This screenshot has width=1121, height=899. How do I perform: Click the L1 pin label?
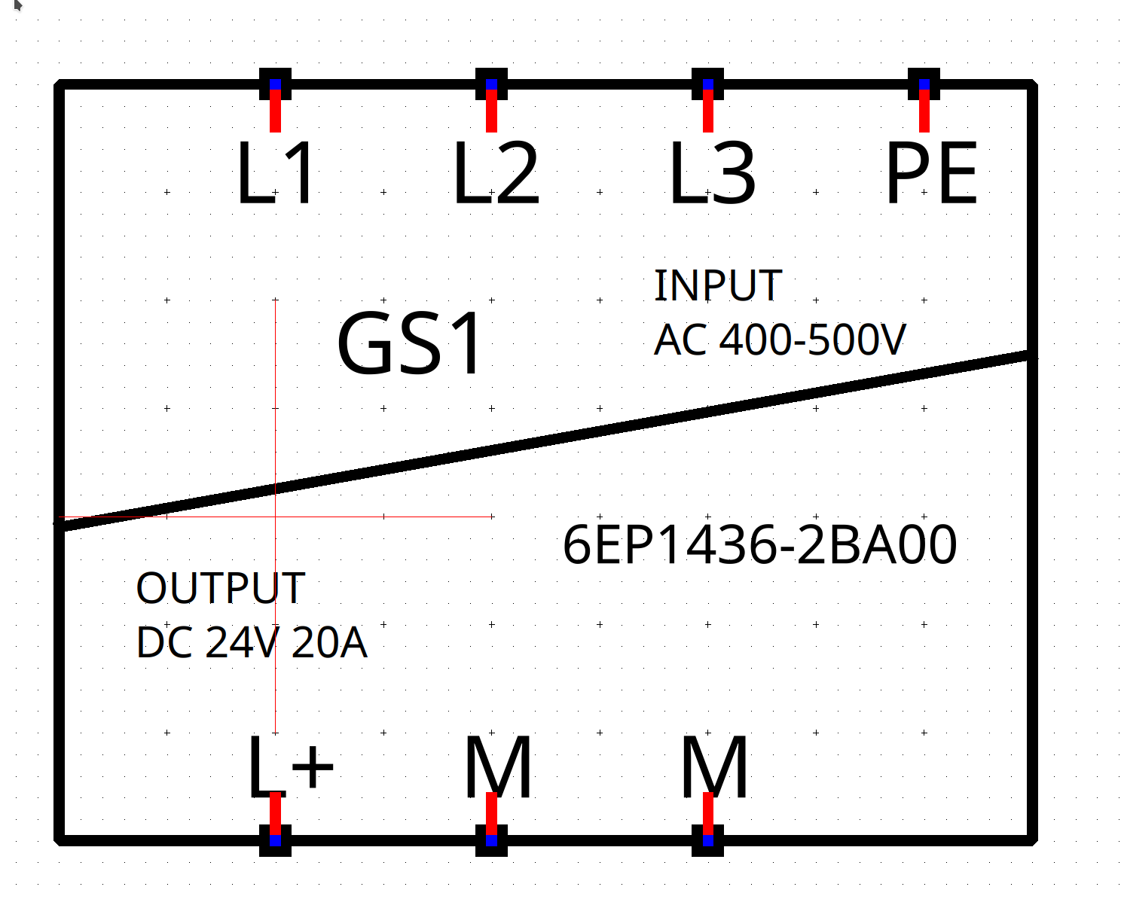pos(276,172)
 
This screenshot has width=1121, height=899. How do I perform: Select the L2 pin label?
pos(496,172)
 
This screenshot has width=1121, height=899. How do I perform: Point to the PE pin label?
pos(931,172)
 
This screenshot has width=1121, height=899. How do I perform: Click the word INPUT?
pos(719,285)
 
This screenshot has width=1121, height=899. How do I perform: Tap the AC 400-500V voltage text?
pos(780,340)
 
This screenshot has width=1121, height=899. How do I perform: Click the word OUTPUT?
pos(220,588)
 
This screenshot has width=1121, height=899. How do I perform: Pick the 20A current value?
pos(329,643)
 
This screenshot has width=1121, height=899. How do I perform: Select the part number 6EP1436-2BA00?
pos(760,544)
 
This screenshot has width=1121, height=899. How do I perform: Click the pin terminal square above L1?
pos(275,84)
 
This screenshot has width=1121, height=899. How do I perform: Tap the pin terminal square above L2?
pos(491,84)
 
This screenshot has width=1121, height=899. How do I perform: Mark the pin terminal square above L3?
pos(707,84)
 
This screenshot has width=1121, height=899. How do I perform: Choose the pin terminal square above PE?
pos(924,84)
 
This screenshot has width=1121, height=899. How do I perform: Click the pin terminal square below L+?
pos(275,840)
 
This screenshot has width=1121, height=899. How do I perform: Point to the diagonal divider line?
pos(545,441)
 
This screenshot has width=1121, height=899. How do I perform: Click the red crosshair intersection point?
pos(275,517)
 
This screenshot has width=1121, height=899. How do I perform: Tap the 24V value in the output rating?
pos(243,643)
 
